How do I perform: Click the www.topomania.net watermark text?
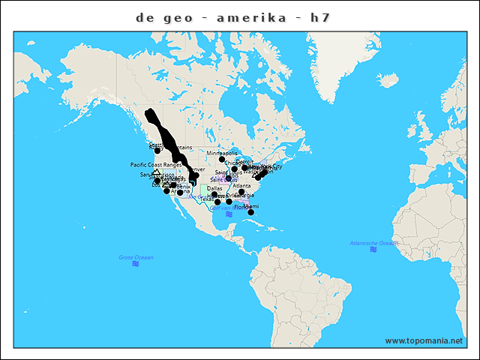click(x=424, y=340)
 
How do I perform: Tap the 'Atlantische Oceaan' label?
click(x=373, y=243)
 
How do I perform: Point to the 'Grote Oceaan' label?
click(x=136, y=257)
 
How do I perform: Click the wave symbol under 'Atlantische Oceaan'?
click(x=373, y=250)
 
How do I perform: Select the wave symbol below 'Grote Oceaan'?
click(x=136, y=264)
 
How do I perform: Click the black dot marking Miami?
click(x=251, y=212)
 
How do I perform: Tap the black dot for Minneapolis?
click(x=222, y=159)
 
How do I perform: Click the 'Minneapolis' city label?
click(x=222, y=152)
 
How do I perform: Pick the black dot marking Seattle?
click(x=157, y=151)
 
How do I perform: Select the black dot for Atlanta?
click(x=241, y=193)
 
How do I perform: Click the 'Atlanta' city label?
click(x=241, y=186)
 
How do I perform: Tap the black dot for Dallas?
click(x=214, y=195)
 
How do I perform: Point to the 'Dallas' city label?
click(x=214, y=188)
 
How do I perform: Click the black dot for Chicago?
click(x=234, y=169)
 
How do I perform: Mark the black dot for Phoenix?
click(x=180, y=193)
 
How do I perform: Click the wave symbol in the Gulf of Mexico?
click(x=228, y=214)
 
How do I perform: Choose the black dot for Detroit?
click(x=244, y=167)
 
